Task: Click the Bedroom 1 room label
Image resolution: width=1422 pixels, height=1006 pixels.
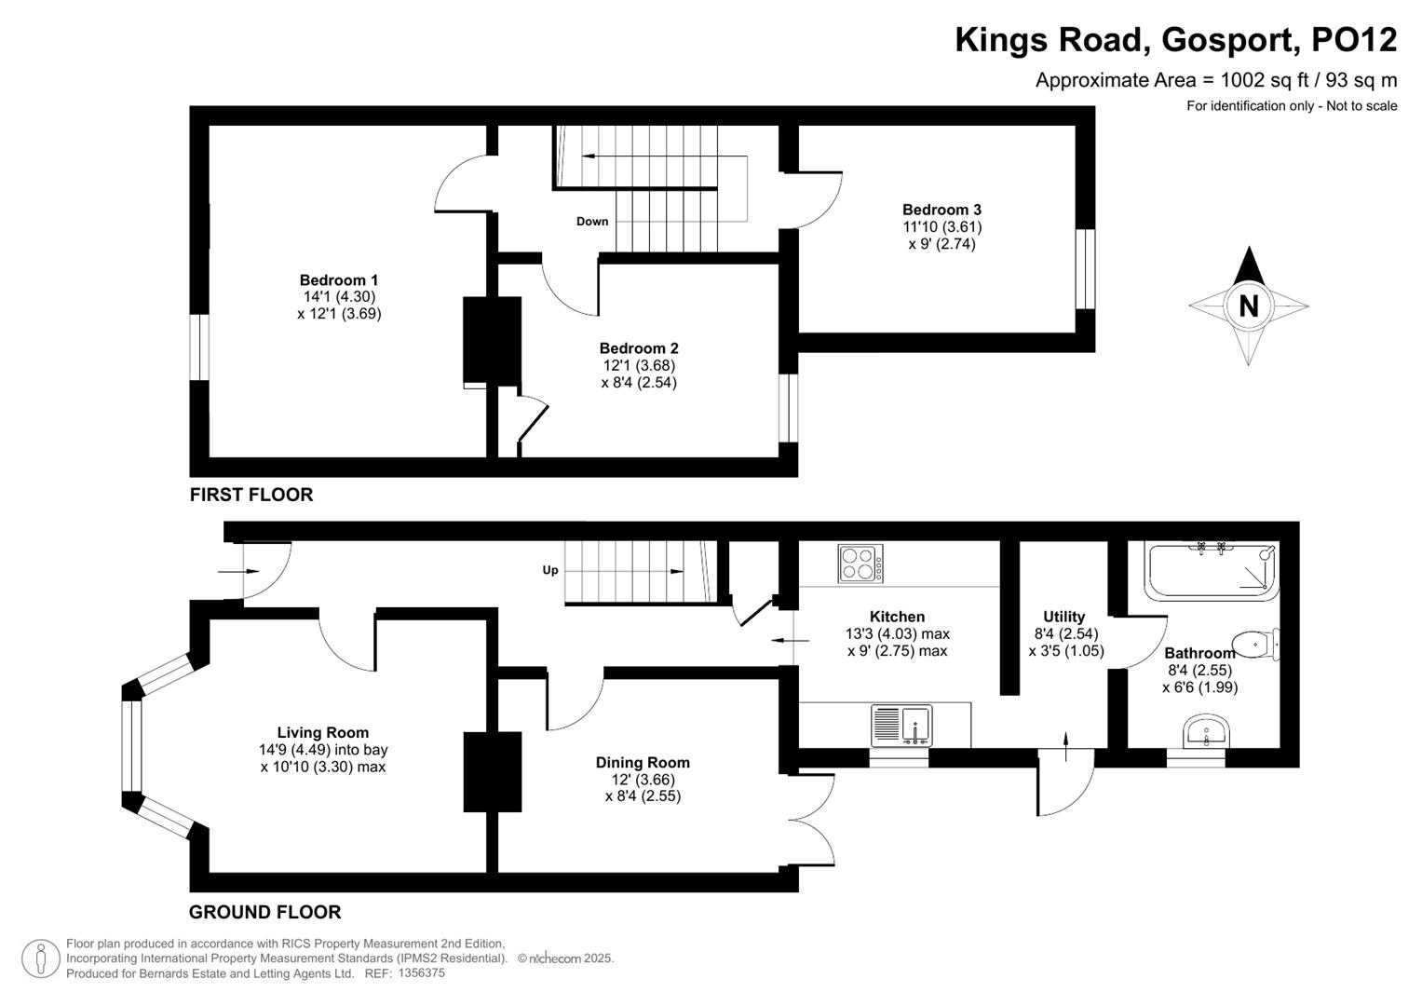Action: (x=338, y=280)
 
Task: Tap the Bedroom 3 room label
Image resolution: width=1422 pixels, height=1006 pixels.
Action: (x=941, y=210)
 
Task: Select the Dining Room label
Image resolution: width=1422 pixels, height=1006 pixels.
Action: (x=643, y=763)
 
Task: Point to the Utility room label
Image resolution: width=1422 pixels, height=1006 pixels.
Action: (x=1063, y=617)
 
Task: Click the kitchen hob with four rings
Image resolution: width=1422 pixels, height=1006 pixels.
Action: (x=861, y=564)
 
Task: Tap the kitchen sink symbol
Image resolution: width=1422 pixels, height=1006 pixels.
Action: (x=901, y=726)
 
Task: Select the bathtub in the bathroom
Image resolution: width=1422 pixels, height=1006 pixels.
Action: (x=1211, y=570)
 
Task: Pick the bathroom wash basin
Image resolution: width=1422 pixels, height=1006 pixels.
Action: (x=1207, y=732)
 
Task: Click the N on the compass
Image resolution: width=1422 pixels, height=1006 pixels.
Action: (x=1248, y=306)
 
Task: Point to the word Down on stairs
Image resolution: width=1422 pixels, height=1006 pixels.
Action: (x=592, y=222)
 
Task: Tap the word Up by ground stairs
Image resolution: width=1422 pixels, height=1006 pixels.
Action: (x=550, y=570)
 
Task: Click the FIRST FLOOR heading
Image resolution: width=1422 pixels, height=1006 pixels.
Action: (x=251, y=495)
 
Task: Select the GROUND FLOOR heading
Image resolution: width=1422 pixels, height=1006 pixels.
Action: (x=264, y=912)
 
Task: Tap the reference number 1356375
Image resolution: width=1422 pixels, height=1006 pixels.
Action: (x=421, y=972)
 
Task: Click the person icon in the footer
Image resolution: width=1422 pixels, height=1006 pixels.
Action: (x=40, y=958)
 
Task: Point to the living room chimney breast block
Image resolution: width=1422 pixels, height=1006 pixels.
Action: (x=493, y=771)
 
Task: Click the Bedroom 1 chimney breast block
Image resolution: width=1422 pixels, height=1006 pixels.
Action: (x=492, y=342)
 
